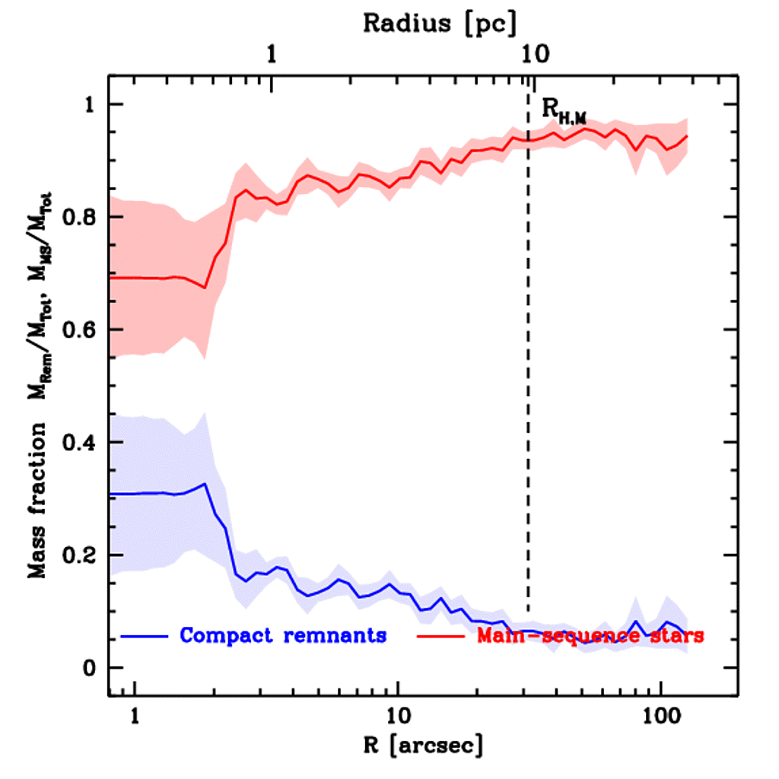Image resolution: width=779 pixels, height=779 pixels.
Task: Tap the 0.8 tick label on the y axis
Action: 79,217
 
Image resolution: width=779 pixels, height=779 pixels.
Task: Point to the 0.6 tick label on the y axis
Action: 79,329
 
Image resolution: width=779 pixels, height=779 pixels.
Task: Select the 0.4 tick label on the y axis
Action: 79,442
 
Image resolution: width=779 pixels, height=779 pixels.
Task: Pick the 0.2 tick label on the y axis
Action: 79,555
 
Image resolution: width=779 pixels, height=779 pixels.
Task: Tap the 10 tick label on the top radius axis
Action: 533,55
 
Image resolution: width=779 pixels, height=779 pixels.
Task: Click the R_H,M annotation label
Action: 564,110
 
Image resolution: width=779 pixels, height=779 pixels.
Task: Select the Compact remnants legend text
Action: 283,635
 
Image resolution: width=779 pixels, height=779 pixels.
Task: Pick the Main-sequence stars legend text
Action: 590,635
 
